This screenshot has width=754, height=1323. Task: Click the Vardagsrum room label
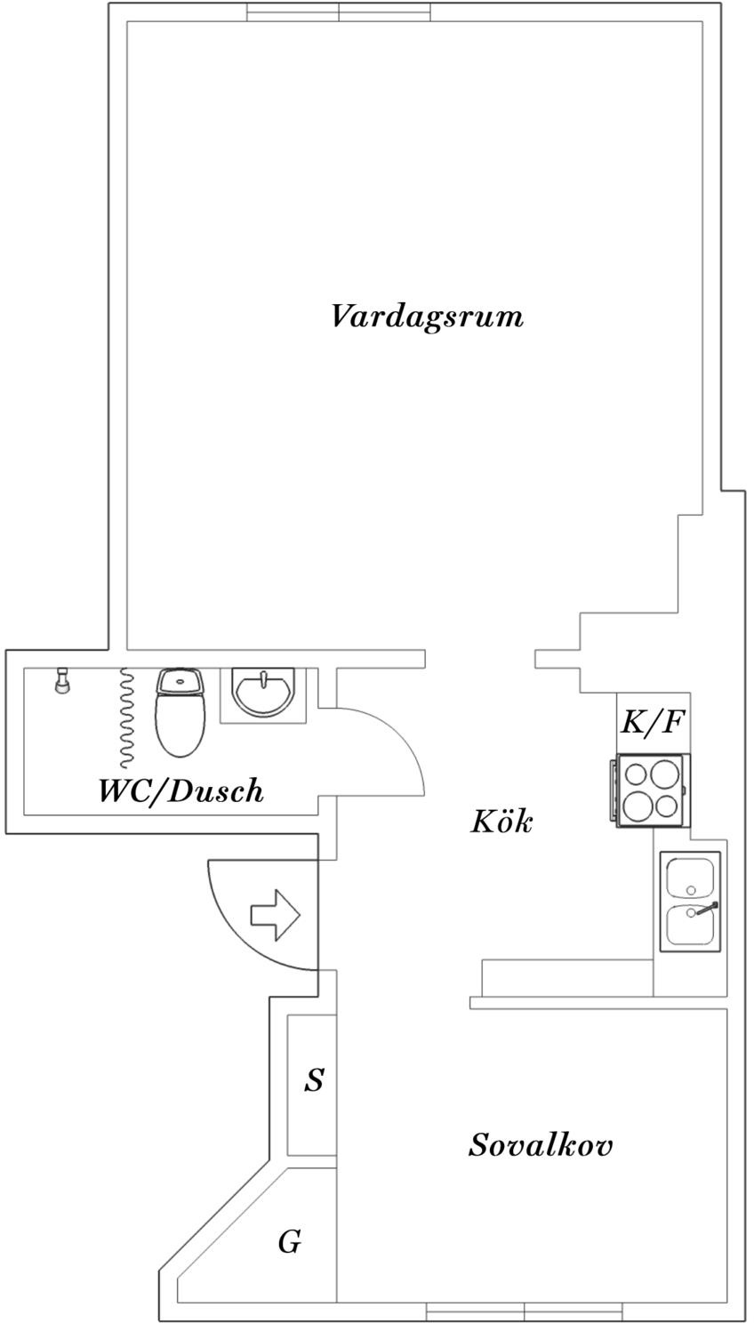(x=427, y=316)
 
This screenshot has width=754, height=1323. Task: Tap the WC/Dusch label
(x=180, y=791)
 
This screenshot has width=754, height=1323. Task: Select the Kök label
(x=501, y=822)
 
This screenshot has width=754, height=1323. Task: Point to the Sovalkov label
(x=541, y=1145)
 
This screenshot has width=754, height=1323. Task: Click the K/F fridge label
(x=652, y=723)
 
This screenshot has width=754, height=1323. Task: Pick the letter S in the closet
(x=314, y=1081)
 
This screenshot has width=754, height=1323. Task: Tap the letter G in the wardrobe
(x=289, y=1243)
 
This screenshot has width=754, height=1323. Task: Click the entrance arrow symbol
(x=276, y=915)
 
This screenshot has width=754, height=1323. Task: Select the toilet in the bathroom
(x=180, y=713)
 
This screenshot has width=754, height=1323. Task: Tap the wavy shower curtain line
(x=127, y=717)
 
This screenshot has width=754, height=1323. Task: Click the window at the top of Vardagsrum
(x=339, y=12)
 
